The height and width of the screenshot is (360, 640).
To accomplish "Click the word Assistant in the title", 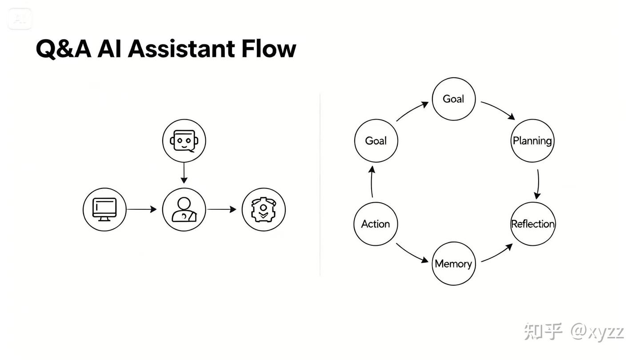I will tap(182, 48).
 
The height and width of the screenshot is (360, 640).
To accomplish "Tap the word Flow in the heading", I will tap(268, 48).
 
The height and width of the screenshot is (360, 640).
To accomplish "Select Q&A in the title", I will tap(63, 49).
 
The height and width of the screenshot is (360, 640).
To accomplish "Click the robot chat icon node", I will tap(184, 141).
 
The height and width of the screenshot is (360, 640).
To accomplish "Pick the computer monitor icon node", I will tap(104, 209).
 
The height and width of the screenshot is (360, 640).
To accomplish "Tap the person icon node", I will tap(184, 209).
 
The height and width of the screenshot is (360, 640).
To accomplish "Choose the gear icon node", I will tap(264, 209).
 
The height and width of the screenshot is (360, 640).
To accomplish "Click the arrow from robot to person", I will tap(184, 173).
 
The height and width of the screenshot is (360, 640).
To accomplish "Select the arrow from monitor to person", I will tap(142, 209).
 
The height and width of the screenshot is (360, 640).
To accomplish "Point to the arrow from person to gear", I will tap(222, 209).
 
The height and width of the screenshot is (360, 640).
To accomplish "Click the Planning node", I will tap(532, 141).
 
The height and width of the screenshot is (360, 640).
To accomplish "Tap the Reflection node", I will tap(533, 224).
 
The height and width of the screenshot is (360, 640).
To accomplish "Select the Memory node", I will tap(453, 264).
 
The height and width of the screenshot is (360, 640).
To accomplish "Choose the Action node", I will tap(376, 224).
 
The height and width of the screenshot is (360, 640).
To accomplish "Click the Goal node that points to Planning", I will tap(453, 99).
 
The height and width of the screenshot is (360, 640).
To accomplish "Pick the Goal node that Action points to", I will tap(376, 141).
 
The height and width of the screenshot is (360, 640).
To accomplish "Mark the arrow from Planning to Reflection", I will tap(538, 183).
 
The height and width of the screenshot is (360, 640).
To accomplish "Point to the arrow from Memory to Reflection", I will tap(496, 253).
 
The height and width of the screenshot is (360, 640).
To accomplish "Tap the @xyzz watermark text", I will tap(598, 332).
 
